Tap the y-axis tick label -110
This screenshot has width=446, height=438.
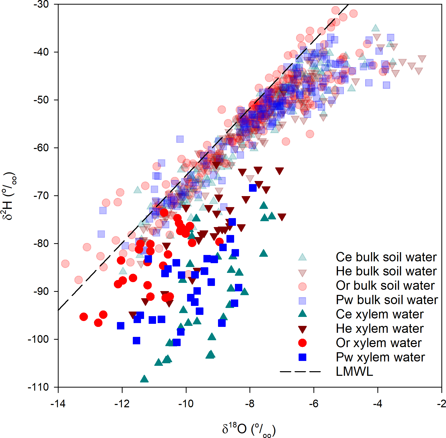click(x=38, y=387)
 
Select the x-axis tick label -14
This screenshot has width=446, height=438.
click(x=58, y=404)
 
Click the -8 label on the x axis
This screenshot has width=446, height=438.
click(x=250, y=404)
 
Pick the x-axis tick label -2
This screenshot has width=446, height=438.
click(x=441, y=404)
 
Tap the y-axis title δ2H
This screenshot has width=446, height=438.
click(x=9, y=196)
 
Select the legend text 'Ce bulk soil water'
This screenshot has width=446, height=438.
click(x=386, y=257)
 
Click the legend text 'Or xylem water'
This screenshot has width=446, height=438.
click(x=379, y=343)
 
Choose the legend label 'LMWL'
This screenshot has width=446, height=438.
click(x=354, y=371)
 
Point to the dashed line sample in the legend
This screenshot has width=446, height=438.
click(x=300, y=371)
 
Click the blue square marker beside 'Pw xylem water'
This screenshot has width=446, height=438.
click(x=302, y=357)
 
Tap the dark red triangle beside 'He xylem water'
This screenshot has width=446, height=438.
click(x=302, y=329)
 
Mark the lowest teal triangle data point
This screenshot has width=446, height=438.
click(x=144, y=379)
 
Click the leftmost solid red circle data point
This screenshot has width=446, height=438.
click(x=84, y=317)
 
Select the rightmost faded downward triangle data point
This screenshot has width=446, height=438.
click(x=422, y=59)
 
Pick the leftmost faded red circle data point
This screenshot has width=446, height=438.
click(x=65, y=263)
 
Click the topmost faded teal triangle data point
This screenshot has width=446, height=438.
click(x=375, y=28)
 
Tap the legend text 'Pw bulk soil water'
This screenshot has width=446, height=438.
click(x=387, y=300)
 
